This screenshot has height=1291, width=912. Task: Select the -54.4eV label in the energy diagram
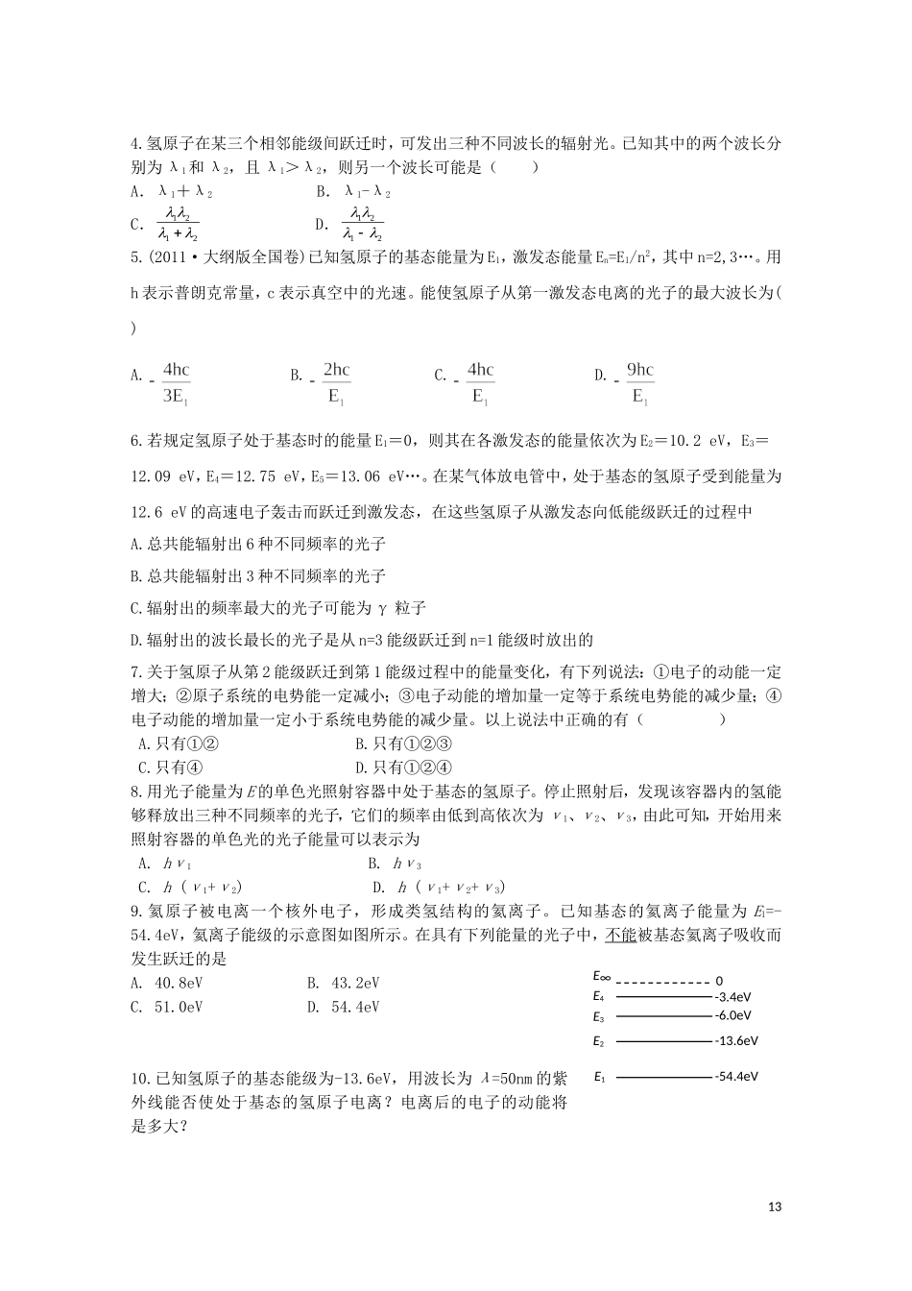[736, 1077]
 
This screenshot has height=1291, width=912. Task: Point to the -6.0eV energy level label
[732, 1015]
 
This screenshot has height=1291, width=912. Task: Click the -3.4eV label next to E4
[732, 998]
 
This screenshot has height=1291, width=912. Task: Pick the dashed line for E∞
[661, 982]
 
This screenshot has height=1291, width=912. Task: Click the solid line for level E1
[663, 1077]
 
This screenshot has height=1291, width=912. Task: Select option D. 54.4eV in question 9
[343, 1007]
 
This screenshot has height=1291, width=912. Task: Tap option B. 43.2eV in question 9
[343, 983]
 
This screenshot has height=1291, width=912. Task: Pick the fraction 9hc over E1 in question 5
[639, 382]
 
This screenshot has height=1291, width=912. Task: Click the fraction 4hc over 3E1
[176, 382]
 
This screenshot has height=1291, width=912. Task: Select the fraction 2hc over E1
[336, 382]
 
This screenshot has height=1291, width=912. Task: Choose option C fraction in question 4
[178, 224]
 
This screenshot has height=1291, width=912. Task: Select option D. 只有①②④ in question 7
[403, 767]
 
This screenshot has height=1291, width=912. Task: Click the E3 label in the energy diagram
[599, 1016]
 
